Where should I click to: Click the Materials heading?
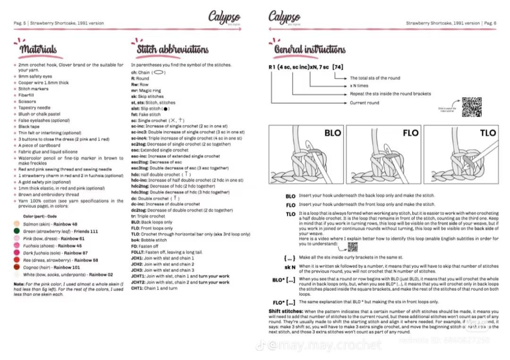[x=38, y=49]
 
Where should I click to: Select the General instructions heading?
[x=309, y=49]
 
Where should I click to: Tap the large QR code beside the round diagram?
[x=471, y=107]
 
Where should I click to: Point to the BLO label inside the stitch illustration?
[x=332, y=133]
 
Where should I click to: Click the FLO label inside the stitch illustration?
[x=410, y=133]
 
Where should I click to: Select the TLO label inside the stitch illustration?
[x=488, y=133]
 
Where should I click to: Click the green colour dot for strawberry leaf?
[x=17, y=231]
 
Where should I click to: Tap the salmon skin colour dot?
[x=17, y=224]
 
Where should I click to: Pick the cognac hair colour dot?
[x=17, y=267]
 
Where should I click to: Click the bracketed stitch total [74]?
[x=338, y=67]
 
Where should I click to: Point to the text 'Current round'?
[x=364, y=103]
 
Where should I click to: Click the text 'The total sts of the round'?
[x=374, y=78]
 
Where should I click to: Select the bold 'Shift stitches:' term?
[x=286, y=311]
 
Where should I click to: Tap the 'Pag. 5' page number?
[x=20, y=23]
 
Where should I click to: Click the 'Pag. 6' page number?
[x=490, y=23]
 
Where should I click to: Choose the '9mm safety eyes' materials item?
[x=35, y=76]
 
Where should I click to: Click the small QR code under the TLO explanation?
[x=352, y=246]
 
